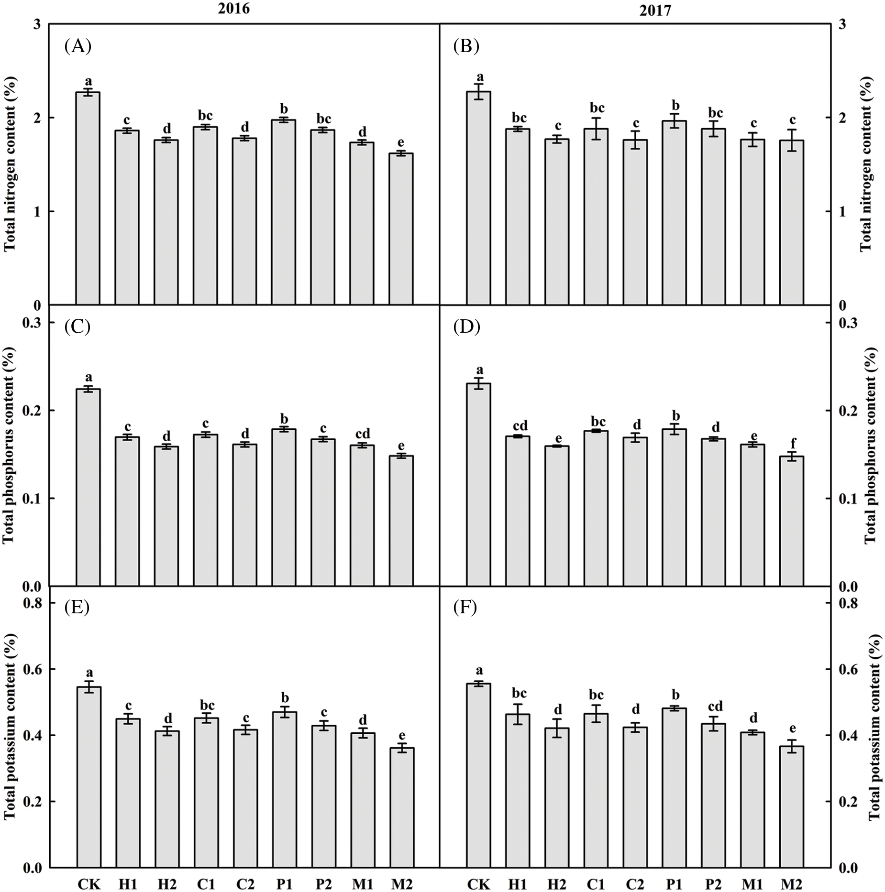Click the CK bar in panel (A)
88,198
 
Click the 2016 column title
233,9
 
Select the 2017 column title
655,11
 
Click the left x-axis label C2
244,883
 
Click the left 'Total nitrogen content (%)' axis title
11,163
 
